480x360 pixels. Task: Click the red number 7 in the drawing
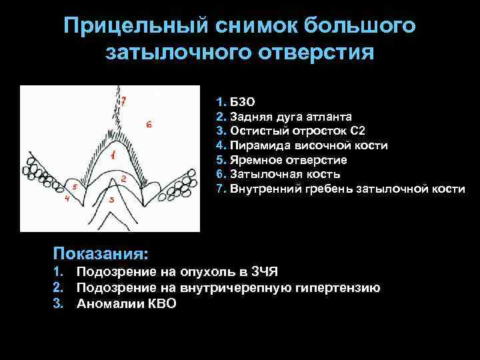(123, 102)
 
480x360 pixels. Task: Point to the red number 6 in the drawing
(149, 125)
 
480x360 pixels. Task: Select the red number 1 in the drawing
(113, 156)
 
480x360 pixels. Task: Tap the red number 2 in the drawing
(123, 179)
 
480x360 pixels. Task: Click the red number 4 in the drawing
(67, 199)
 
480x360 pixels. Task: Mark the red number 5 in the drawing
(75, 188)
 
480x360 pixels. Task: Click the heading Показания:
(101, 254)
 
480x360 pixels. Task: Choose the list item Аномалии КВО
(127, 304)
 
